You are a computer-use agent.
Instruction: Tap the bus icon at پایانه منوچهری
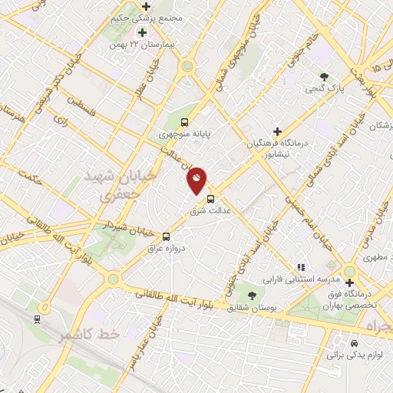pyautogui.click(x=184, y=121)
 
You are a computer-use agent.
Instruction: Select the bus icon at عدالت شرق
pyautogui.click(x=211, y=199)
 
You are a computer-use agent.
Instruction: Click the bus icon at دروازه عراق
pyautogui.click(x=165, y=236)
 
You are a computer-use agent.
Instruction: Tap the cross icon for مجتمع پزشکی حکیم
pyautogui.click(x=147, y=7)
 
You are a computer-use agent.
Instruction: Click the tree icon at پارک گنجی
pyautogui.click(x=324, y=76)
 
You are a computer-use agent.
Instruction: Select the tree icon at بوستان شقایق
pyautogui.click(x=253, y=295)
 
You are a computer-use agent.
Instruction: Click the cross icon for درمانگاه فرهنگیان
pyautogui.click(x=277, y=131)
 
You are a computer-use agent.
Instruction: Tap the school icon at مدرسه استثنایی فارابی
pyautogui.click(x=302, y=266)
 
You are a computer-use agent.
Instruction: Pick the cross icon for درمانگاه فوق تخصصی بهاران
pyautogui.click(x=349, y=283)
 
